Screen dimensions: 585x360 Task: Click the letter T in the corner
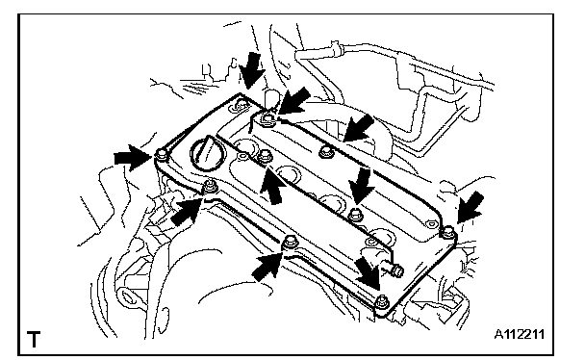pyautogui.click(x=34, y=339)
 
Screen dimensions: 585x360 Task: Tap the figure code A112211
pyautogui.click(x=520, y=334)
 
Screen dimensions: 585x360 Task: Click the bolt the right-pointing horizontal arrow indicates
pyautogui.click(x=162, y=154)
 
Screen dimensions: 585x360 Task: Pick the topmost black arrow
pyautogui.click(x=251, y=70)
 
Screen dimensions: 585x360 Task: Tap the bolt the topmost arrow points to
pyautogui.click(x=242, y=105)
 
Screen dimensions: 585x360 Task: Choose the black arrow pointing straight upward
pyautogui.click(x=272, y=186)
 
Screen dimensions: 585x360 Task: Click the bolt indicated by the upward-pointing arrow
pyautogui.click(x=265, y=155)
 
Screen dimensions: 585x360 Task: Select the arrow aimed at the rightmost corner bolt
pyautogui.click(x=471, y=207)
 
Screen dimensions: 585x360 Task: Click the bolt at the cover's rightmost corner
pyautogui.click(x=447, y=231)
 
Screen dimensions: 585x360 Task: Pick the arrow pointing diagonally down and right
pyautogui.click(x=368, y=271)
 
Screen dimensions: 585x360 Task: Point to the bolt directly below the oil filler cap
pyautogui.click(x=210, y=186)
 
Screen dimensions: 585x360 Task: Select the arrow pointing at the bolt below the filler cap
pyautogui.click(x=188, y=211)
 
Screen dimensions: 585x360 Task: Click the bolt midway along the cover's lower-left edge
pyautogui.click(x=289, y=243)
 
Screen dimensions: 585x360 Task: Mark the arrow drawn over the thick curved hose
pyautogui.click(x=359, y=128)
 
